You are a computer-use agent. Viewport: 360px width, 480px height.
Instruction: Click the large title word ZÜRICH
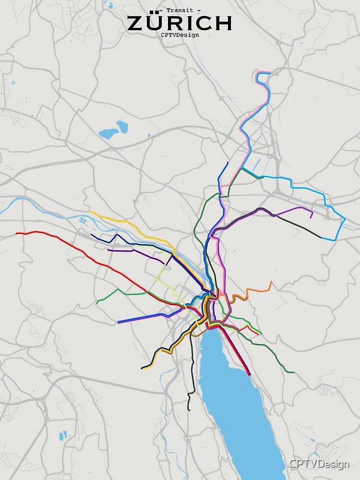[180, 23]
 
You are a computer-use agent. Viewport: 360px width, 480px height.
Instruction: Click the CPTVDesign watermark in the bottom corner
[319, 464]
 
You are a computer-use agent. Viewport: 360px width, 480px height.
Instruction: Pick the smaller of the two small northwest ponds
[122, 127]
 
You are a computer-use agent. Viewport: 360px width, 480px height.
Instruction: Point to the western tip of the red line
[16, 234]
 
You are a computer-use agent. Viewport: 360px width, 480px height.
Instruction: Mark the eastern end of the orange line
[271, 282]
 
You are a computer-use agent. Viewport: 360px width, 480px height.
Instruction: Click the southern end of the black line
[189, 410]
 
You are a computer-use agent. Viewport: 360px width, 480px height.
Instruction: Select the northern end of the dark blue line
[228, 163]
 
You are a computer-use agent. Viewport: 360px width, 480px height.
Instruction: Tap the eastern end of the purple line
[312, 217]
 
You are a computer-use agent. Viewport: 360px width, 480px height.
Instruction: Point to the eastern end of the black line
[321, 237]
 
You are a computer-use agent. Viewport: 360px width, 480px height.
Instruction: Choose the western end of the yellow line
[90, 212]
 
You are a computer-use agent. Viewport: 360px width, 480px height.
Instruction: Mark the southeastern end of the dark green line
[294, 372]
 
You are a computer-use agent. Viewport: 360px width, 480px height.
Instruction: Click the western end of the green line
[97, 303]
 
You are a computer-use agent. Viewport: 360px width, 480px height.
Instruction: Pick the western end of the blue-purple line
[118, 323]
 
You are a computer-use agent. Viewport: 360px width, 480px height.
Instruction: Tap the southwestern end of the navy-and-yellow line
[142, 369]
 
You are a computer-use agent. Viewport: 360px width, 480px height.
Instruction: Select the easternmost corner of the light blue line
[345, 220]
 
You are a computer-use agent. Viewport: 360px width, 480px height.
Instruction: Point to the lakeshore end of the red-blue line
[250, 375]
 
